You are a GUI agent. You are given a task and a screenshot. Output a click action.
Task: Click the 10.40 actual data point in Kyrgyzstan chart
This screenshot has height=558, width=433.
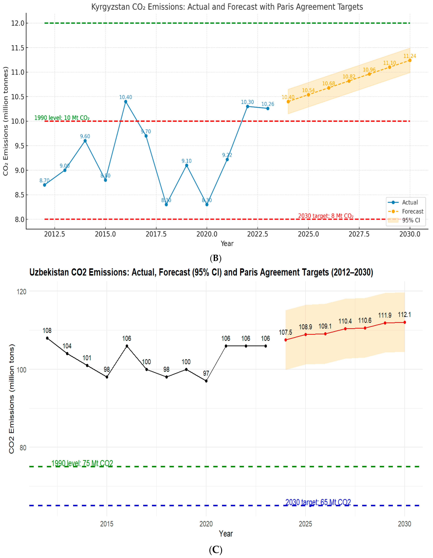[x=126, y=102]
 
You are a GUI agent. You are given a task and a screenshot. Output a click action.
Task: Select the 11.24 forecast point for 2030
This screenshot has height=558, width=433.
[x=410, y=60]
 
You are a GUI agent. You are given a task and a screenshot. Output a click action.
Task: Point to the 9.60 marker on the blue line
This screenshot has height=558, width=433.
[x=85, y=141]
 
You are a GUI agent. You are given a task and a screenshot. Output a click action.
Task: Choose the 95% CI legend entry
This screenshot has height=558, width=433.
[x=411, y=220]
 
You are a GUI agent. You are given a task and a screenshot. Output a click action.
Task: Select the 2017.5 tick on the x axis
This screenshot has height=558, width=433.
[x=156, y=234]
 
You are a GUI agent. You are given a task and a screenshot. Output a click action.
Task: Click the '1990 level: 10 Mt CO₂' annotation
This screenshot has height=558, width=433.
[x=62, y=118]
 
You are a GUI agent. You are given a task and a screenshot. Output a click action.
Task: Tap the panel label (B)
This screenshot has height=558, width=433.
[x=216, y=258]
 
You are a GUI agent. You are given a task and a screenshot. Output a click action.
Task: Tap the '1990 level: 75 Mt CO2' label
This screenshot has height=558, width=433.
[x=82, y=463]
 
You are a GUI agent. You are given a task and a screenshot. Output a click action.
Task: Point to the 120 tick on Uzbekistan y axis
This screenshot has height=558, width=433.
[x=22, y=291]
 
